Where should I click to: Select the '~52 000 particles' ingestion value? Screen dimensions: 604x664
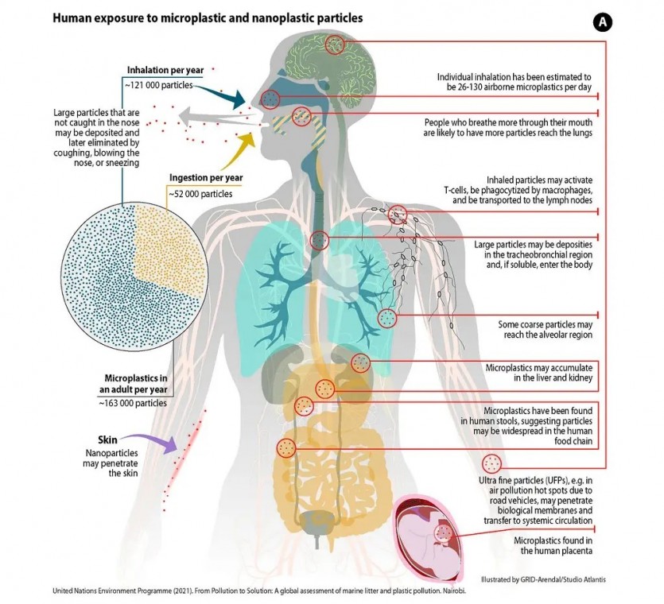(200, 192)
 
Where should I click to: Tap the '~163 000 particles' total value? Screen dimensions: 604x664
(134, 403)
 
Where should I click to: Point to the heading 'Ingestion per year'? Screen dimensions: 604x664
(206, 177)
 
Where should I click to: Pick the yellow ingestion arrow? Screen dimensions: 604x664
(235, 144)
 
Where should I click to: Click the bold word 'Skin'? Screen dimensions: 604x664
(108, 439)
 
